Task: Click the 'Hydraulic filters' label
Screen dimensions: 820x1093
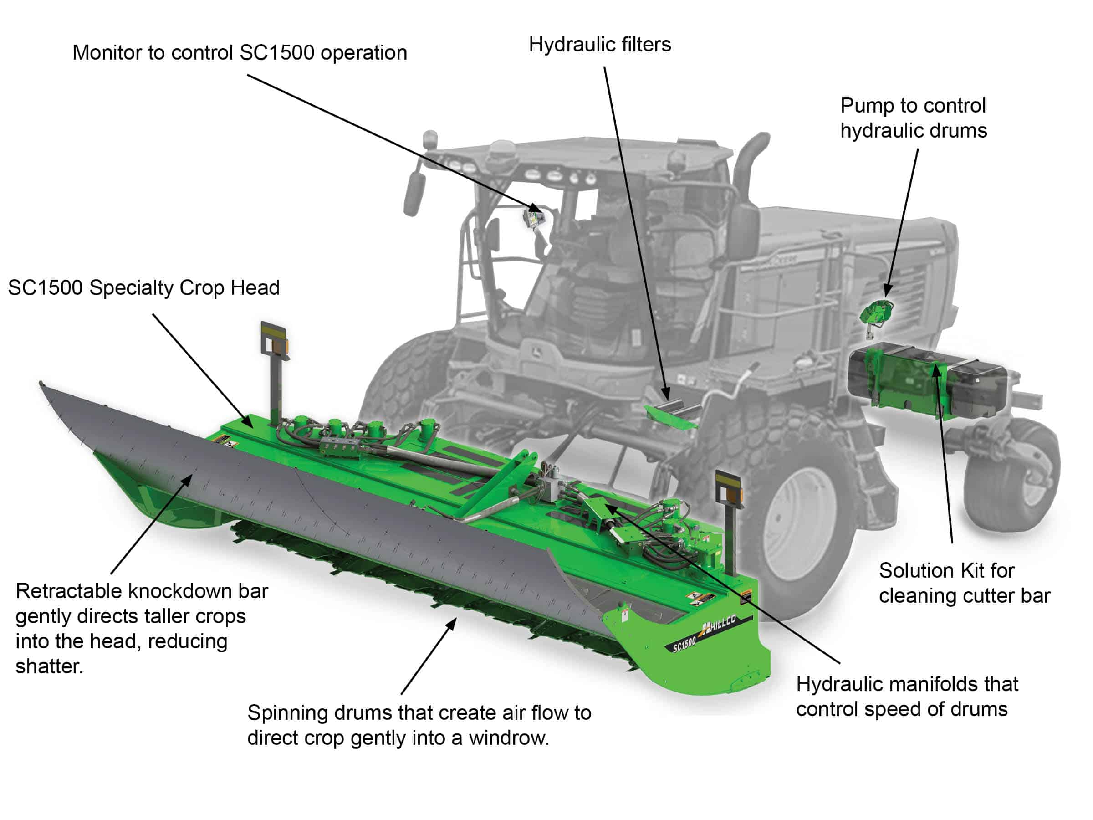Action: (599, 45)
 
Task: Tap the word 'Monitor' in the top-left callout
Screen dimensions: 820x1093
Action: (103, 53)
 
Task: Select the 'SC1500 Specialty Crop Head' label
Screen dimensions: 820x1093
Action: (144, 287)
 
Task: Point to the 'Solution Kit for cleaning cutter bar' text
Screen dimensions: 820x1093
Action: (964, 583)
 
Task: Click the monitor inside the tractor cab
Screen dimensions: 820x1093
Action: (533, 217)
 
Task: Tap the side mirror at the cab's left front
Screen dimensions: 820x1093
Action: (414, 192)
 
